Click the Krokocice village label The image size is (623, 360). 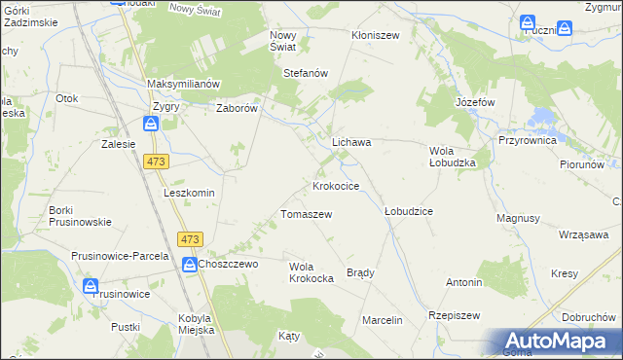coord(336,185)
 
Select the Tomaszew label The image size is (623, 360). coord(307,214)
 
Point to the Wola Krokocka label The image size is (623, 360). coord(312,271)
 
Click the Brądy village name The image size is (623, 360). coord(360,272)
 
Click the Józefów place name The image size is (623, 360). coord(476,102)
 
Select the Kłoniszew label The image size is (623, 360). coord(376,34)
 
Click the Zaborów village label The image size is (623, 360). coord(236,109)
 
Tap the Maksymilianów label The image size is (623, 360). coord(186,84)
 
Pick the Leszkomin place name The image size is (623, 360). coord(189,193)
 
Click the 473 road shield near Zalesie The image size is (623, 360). coord(155,162)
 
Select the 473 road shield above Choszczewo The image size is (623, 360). coord(190,239)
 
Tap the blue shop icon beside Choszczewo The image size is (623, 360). coord(189,263)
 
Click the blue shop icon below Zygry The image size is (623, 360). coord(151,125)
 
